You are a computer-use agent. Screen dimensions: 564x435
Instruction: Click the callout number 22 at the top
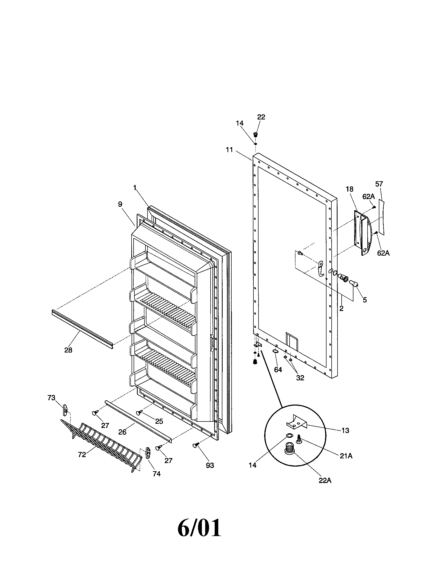coord(261,117)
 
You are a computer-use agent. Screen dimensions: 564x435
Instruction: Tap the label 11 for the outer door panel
coord(229,149)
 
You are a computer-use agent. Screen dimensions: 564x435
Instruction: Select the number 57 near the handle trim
coord(379,184)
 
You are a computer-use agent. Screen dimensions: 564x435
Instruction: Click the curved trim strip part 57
coord(381,217)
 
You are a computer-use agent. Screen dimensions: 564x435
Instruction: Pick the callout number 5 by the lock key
coord(364,300)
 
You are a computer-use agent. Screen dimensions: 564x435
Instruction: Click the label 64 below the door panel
coord(278,369)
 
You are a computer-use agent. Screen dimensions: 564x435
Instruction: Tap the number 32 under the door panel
coord(300,378)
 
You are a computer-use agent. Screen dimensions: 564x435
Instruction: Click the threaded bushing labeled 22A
coord(289,449)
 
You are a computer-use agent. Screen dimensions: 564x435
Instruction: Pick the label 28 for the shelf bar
coord(68,350)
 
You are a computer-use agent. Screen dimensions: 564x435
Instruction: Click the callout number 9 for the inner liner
coord(120,204)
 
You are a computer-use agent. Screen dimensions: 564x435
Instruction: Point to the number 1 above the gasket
coord(135,188)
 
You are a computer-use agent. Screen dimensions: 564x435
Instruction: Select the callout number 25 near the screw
coord(159,421)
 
